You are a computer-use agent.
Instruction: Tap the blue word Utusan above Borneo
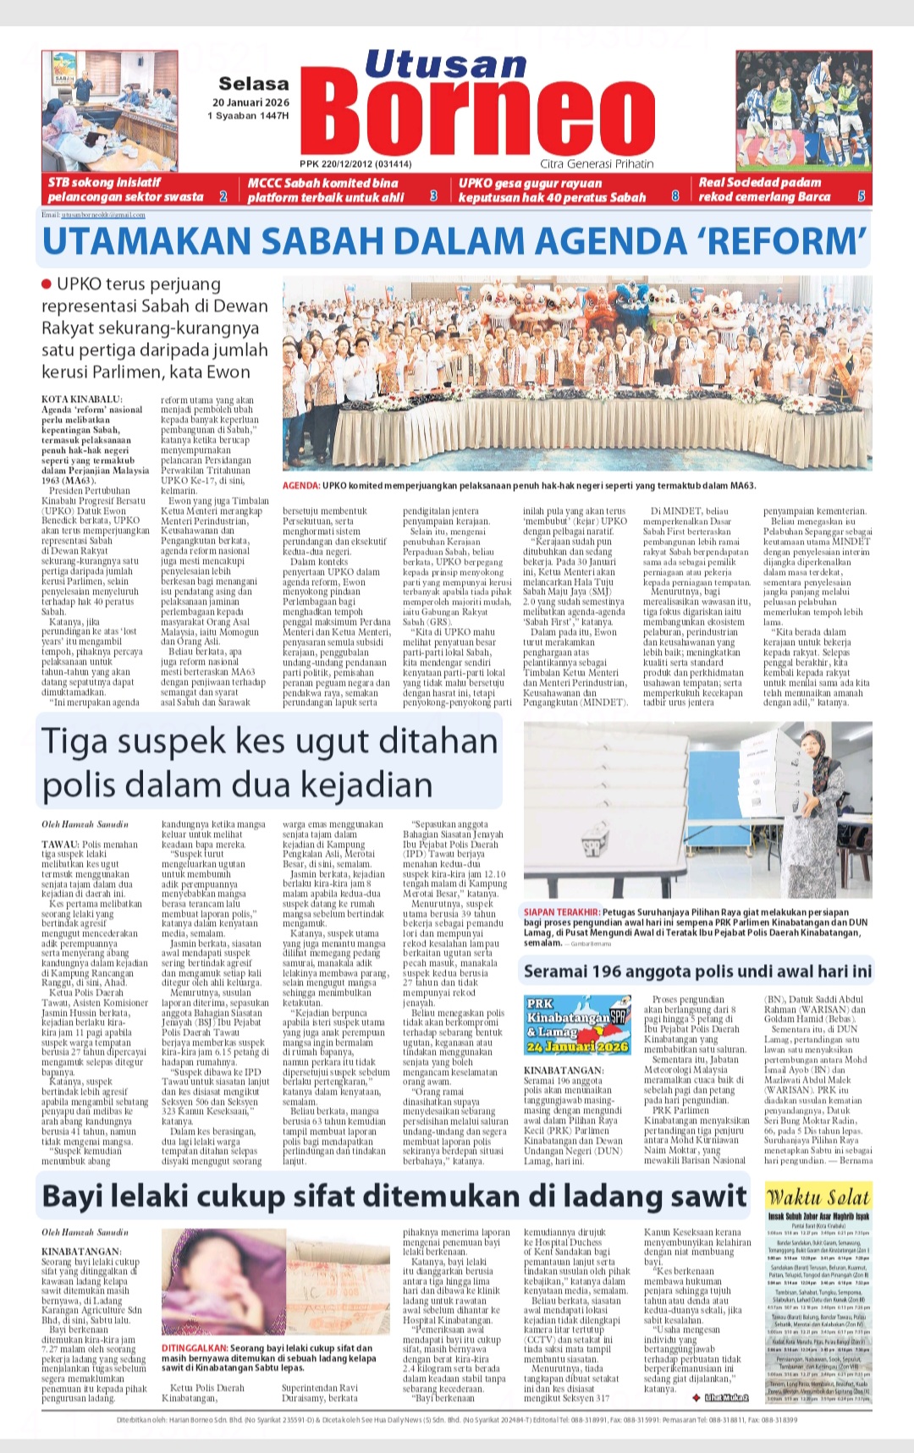click(x=446, y=65)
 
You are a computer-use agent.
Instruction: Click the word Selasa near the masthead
click(x=253, y=84)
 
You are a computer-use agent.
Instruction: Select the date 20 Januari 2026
click(x=251, y=102)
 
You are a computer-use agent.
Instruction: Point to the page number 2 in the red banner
click(x=223, y=196)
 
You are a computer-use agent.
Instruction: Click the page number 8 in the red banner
click(x=675, y=196)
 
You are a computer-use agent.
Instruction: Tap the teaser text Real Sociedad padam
click(x=760, y=182)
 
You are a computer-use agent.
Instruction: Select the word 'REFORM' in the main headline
click(x=783, y=241)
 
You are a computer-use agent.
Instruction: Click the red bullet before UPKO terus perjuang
click(x=47, y=283)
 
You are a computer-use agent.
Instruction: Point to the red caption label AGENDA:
click(x=300, y=486)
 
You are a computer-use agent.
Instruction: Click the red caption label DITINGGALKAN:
click(x=194, y=1348)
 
